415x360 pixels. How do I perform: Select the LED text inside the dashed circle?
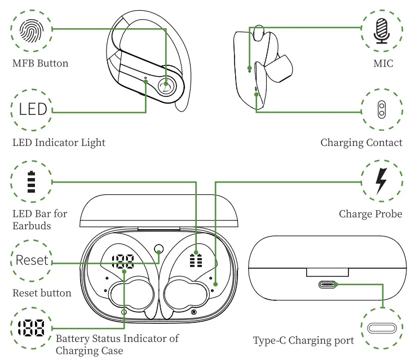pos(33,108)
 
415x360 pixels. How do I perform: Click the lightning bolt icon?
pos(382,181)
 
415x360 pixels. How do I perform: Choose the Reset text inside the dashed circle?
pos(32,260)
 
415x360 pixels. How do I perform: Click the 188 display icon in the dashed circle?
pos(31,328)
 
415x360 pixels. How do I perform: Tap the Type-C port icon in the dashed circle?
pos(382,328)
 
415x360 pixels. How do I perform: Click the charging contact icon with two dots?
pos(382,109)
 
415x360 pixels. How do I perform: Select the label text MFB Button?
pos(40,63)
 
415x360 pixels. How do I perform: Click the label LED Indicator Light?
pos(59,143)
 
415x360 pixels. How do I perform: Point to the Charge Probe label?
pos(370,214)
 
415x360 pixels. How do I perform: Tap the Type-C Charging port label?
pos(303,340)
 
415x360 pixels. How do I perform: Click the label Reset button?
pos(42,293)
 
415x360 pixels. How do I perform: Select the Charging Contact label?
pos(361,143)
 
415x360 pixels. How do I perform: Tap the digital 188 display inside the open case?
pos(122,261)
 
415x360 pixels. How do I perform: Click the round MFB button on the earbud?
pos(166,86)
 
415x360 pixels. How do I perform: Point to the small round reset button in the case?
pos(158,248)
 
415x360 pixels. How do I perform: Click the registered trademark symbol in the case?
pos(193,312)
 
